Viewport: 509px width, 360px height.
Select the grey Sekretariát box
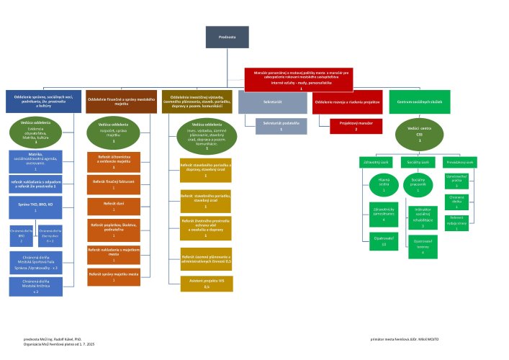[x=271, y=102]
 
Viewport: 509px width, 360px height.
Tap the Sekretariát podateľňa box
[x=281, y=125]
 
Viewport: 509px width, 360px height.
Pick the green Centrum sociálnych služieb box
[x=419, y=102]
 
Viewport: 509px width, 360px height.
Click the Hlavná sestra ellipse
[x=383, y=187]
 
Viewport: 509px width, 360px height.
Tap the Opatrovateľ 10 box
[x=384, y=241]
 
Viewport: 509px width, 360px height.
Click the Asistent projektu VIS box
[x=207, y=284]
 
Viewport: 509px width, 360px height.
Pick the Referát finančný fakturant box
[x=113, y=184]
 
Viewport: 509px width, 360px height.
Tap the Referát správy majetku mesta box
[x=113, y=276]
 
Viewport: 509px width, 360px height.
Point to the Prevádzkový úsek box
[x=456, y=162]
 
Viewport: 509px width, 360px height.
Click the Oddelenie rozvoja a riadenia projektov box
[x=346, y=102]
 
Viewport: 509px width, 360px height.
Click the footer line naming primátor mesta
[x=407, y=337]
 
